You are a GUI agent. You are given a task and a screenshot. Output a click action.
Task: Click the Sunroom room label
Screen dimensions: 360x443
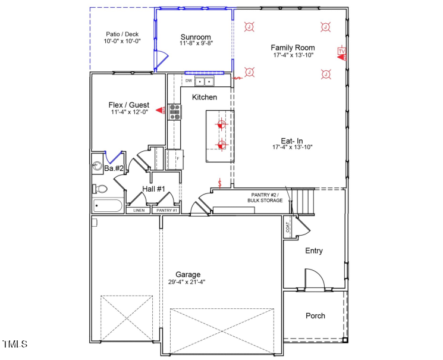point(196,37)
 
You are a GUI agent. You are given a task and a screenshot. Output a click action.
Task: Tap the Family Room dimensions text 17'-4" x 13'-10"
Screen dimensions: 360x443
point(293,55)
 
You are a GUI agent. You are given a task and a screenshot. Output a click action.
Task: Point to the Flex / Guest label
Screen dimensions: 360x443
point(128,105)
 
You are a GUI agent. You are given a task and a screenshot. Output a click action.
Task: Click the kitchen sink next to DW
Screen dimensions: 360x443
point(205,81)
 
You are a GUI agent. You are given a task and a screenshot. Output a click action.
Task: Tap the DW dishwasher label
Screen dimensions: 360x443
point(188,80)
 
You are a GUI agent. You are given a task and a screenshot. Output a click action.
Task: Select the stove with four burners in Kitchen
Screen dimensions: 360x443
point(174,111)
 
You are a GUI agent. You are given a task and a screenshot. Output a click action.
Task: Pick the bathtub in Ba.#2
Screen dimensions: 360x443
point(108,206)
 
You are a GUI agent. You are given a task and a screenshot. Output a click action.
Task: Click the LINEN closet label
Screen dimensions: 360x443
point(139,210)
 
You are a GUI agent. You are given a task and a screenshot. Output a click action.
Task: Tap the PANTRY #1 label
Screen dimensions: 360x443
point(166,210)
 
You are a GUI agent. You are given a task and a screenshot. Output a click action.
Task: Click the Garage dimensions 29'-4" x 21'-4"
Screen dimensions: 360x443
point(187,282)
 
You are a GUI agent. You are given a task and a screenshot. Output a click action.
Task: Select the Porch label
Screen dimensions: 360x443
point(315,315)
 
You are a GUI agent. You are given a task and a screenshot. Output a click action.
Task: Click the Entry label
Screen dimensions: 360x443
point(314,251)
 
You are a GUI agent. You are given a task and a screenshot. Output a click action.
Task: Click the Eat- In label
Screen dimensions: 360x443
point(292,140)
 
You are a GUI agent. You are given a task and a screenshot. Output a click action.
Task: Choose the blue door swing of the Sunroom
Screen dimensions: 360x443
point(161,58)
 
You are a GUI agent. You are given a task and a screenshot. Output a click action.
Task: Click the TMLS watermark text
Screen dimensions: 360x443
point(15,344)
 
